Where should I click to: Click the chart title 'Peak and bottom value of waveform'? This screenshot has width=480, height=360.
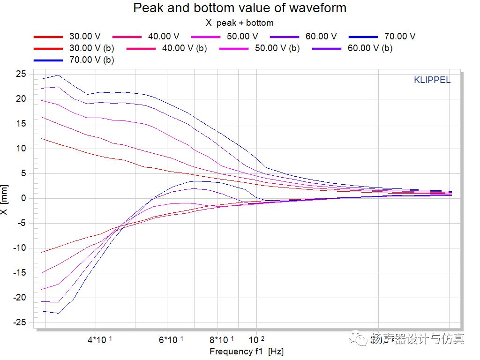240,8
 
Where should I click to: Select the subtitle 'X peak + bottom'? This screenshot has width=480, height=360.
240,22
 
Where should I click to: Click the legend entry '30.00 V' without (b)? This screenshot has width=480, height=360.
85,36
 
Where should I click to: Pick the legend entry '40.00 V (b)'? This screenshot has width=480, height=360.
184,48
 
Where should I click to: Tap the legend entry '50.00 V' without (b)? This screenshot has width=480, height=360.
242,36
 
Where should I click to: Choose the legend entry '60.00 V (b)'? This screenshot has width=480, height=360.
370,48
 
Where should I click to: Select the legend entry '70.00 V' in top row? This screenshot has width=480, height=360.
400,36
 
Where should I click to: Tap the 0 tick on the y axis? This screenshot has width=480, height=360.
22,198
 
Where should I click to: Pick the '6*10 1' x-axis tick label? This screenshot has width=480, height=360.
172,339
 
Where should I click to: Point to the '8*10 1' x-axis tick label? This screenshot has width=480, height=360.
222,339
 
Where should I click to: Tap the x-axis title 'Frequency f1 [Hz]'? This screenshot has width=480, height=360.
247,352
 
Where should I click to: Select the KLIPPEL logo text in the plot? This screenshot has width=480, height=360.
432,80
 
